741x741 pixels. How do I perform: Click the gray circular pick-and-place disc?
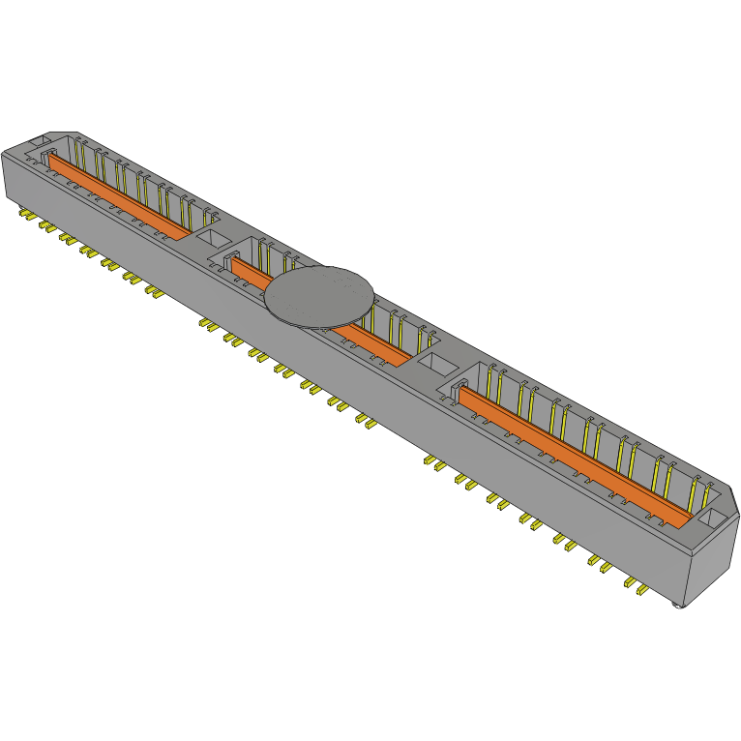(319, 296)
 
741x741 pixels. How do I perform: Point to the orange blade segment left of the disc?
(251, 275)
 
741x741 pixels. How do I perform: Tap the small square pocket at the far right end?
(709, 519)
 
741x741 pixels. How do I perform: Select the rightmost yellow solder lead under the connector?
(640, 589)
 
